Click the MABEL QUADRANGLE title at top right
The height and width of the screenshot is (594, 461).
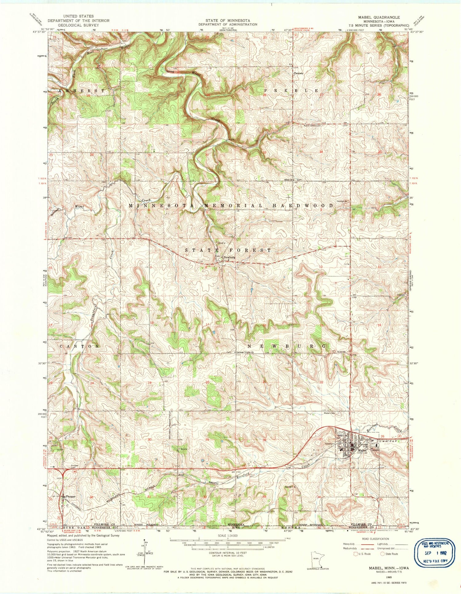(385, 18)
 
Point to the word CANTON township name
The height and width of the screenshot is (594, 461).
(79, 346)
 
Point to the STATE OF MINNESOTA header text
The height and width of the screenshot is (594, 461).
(227, 21)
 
